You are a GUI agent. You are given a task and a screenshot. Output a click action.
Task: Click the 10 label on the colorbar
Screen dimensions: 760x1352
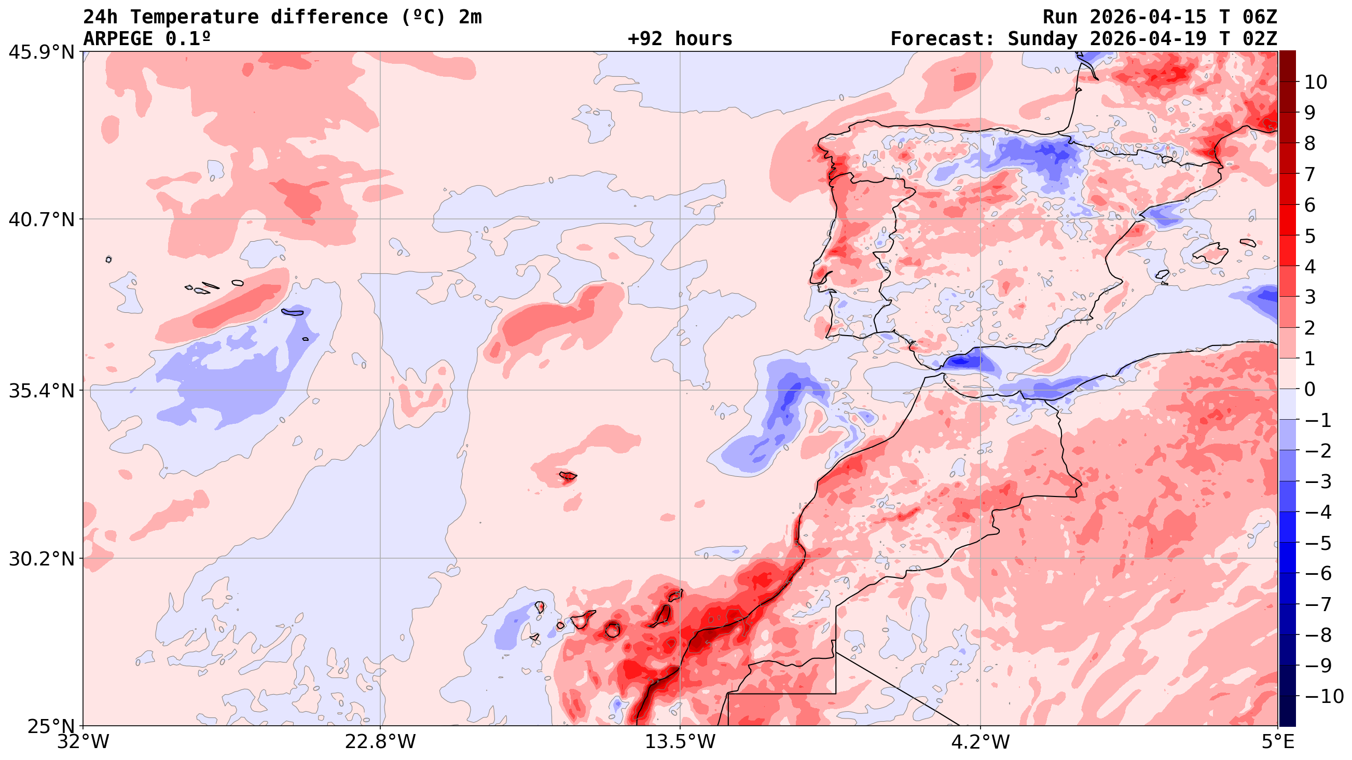[x=1316, y=82]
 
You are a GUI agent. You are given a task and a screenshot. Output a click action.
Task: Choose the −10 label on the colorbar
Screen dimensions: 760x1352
[x=1322, y=697]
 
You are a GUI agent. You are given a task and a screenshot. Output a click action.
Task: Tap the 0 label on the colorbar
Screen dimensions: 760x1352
[x=1310, y=390]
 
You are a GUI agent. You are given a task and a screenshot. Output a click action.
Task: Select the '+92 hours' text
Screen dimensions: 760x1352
[x=680, y=39]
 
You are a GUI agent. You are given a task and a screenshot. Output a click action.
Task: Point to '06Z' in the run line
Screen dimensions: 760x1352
[x=1259, y=17]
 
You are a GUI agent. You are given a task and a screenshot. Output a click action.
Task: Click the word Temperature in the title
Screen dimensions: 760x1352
[x=194, y=17]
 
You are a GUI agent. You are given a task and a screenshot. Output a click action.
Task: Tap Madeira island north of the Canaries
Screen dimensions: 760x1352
[x=568, y=476]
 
